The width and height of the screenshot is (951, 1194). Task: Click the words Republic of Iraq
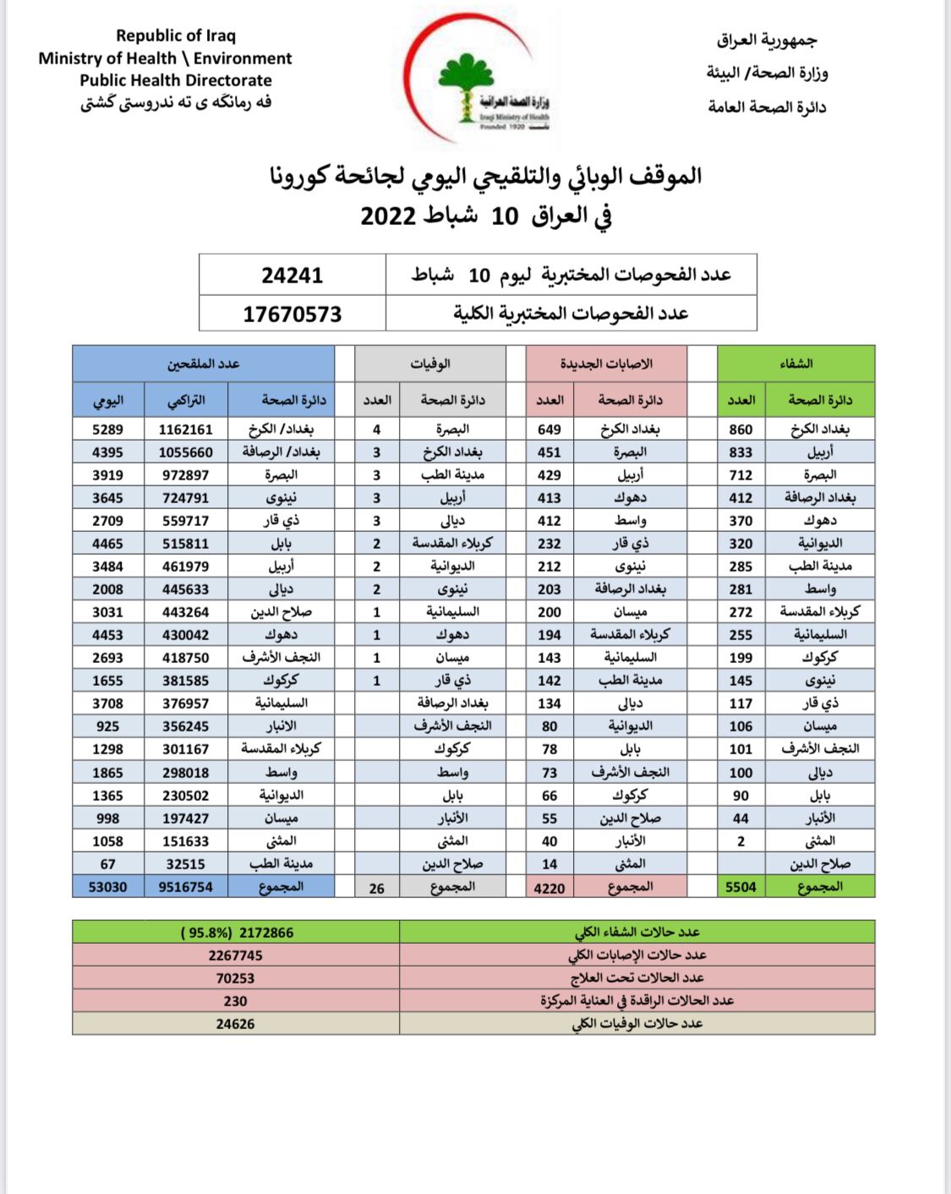(176, 36)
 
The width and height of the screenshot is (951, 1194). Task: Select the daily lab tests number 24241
(292, 275)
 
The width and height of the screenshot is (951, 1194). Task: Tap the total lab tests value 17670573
(292, 315)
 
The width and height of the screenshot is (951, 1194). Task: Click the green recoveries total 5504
(741, 887)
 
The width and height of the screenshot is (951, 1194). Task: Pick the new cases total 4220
(549, 888)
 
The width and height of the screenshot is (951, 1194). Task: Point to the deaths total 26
(377, 888)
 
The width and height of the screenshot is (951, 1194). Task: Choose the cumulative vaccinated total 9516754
(186, 887)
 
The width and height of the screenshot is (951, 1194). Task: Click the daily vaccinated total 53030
(108, 887)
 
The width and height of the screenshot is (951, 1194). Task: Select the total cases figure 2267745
(236, 956)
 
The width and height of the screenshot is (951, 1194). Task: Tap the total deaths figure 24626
(236, 1024)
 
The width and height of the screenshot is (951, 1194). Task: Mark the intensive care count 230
(236, 1001)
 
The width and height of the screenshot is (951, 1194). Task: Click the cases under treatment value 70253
(236, 978)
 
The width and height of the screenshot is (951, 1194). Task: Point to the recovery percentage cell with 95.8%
(237, 933)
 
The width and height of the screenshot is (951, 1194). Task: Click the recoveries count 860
(741, 430)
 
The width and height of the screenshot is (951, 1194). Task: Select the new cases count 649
(549, 430)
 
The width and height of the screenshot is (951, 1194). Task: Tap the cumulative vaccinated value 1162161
(186, 430)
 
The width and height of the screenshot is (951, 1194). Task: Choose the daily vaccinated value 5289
(108, 430)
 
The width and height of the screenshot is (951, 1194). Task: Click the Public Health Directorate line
(176, 80)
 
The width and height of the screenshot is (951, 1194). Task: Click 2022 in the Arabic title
(388, 216)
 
